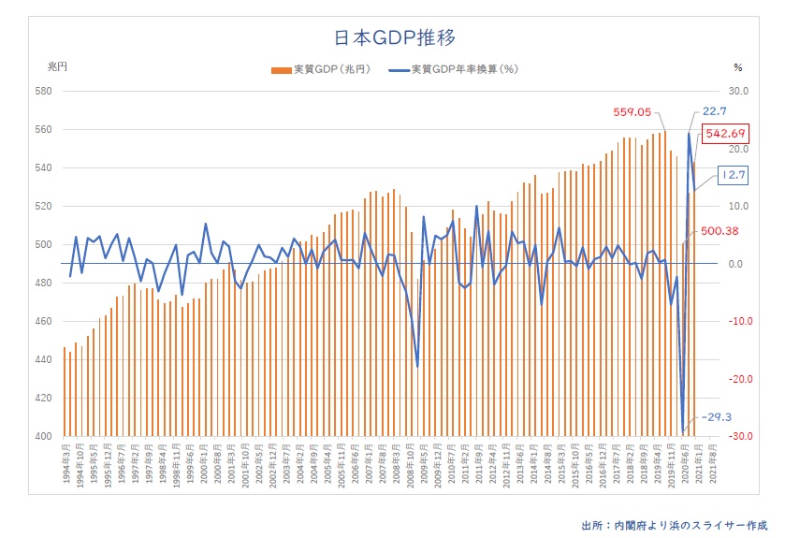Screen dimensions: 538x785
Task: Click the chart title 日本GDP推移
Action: coord(394,37)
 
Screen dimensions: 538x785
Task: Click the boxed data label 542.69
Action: coord(726,133)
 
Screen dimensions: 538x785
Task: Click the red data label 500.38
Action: coord(721,231)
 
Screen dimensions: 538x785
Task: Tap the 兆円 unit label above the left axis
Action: coord(58,67)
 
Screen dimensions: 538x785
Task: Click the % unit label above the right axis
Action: coord(738,67)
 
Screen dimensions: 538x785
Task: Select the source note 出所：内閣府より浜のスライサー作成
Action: coord(674,524)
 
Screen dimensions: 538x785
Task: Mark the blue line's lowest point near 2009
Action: coord(417,366)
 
